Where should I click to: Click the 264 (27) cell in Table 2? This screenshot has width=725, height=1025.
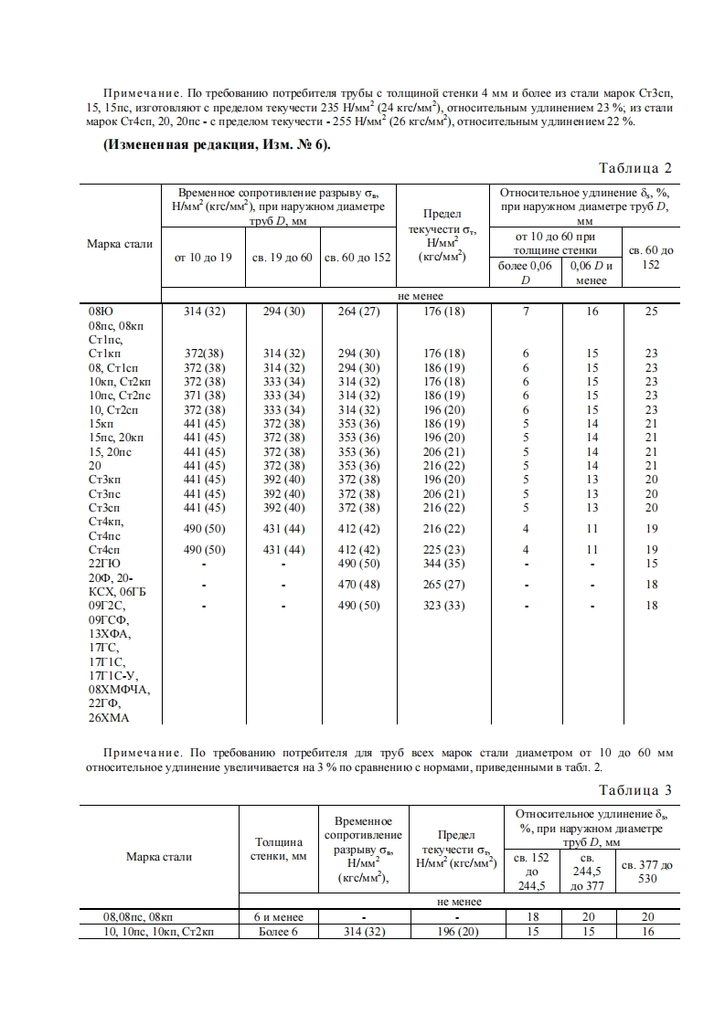coord(358,312)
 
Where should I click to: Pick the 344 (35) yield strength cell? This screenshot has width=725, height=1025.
coord(442,564)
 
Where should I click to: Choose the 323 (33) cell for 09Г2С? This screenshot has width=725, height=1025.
coord(442,605)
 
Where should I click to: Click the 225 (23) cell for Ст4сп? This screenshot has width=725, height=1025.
coord(442,550)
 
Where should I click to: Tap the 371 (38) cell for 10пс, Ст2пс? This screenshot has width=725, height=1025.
coord(204,395)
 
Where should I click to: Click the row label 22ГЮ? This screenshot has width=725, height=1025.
coord(104,564)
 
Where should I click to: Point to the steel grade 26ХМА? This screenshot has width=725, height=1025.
coord(109,717)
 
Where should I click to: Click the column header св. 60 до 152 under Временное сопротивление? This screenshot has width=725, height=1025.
coord(358,257)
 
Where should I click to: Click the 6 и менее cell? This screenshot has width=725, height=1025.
coord(278,916)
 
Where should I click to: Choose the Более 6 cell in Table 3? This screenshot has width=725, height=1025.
coord(278,931)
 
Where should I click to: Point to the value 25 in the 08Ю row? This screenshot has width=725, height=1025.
coord(651,312)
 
